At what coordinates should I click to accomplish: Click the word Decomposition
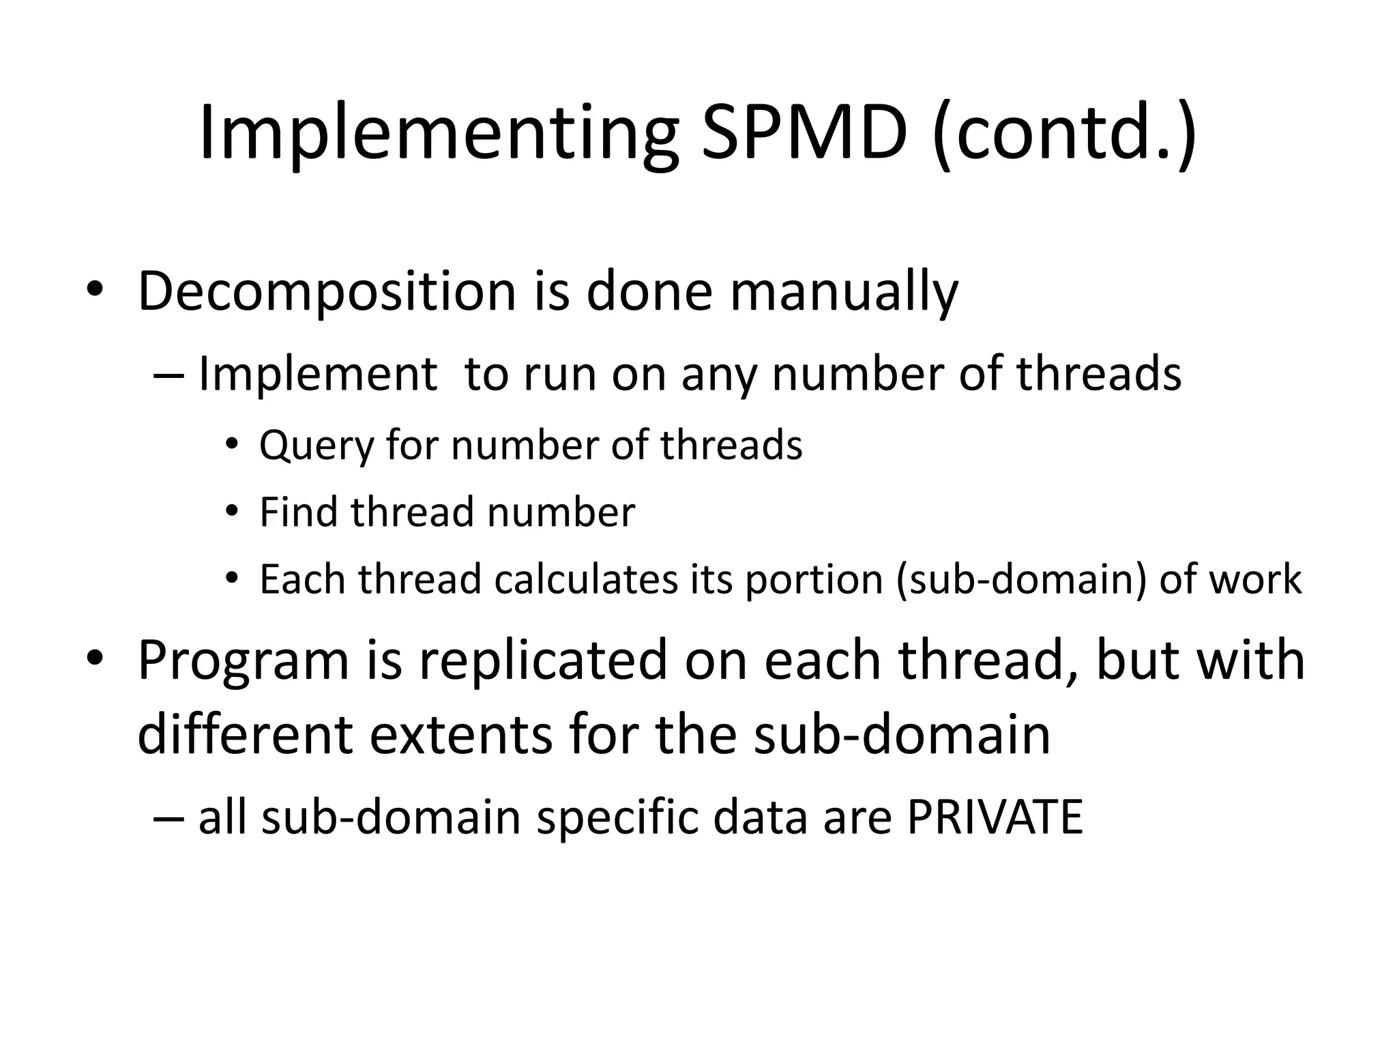point(326,291)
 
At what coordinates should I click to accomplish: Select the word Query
point(317,446)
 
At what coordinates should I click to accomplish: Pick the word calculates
point(586,579)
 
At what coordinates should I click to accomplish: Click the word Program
point(243,661)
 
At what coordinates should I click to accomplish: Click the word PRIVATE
point(995,817)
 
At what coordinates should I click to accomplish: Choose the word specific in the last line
point(617,817)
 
